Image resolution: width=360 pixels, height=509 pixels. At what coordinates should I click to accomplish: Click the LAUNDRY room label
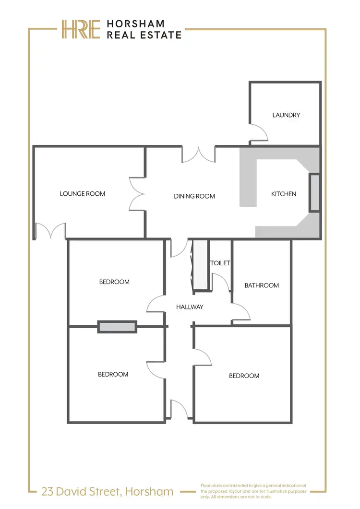click(x=286, y=115)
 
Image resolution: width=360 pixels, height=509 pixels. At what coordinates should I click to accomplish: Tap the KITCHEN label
click(x=284, y=194)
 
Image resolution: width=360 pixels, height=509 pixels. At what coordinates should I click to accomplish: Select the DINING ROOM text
click(x=194, y=196)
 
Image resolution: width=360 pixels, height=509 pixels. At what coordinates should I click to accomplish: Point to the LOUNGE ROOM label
click(x=83, y=194)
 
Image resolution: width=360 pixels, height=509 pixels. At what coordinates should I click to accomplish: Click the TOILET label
click(x=220, y=263)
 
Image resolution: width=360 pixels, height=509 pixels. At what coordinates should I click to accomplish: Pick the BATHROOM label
click(x=262, y=285)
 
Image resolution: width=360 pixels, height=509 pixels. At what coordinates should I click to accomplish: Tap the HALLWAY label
click(x=190, y=307)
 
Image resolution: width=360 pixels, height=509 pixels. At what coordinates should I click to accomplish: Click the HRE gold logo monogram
click(x=80, y=29)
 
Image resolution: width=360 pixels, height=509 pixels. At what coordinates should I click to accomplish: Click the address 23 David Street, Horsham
click(x=108, y=491)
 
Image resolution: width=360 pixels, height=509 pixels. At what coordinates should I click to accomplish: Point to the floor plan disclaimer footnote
click(x=253, y=491)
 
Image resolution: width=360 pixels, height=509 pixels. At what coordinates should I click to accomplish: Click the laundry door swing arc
click(x=258, y=132)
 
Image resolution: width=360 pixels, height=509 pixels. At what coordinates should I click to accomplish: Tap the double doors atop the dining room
click(x=199, y=154)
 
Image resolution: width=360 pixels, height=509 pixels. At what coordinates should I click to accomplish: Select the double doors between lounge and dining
click(x=137, y=193)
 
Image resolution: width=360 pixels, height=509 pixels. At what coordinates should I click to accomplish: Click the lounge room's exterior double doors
click(x=50, y=231)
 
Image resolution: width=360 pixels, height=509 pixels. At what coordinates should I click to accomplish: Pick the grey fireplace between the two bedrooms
click(x=117, y=327)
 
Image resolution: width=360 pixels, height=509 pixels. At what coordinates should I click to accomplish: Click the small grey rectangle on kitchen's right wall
click(x=314, y=193)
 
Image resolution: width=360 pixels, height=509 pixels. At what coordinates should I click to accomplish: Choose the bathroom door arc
click(x=241, y=312)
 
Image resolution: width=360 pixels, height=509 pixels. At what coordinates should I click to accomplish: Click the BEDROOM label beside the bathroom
click(x=244, y=376)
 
